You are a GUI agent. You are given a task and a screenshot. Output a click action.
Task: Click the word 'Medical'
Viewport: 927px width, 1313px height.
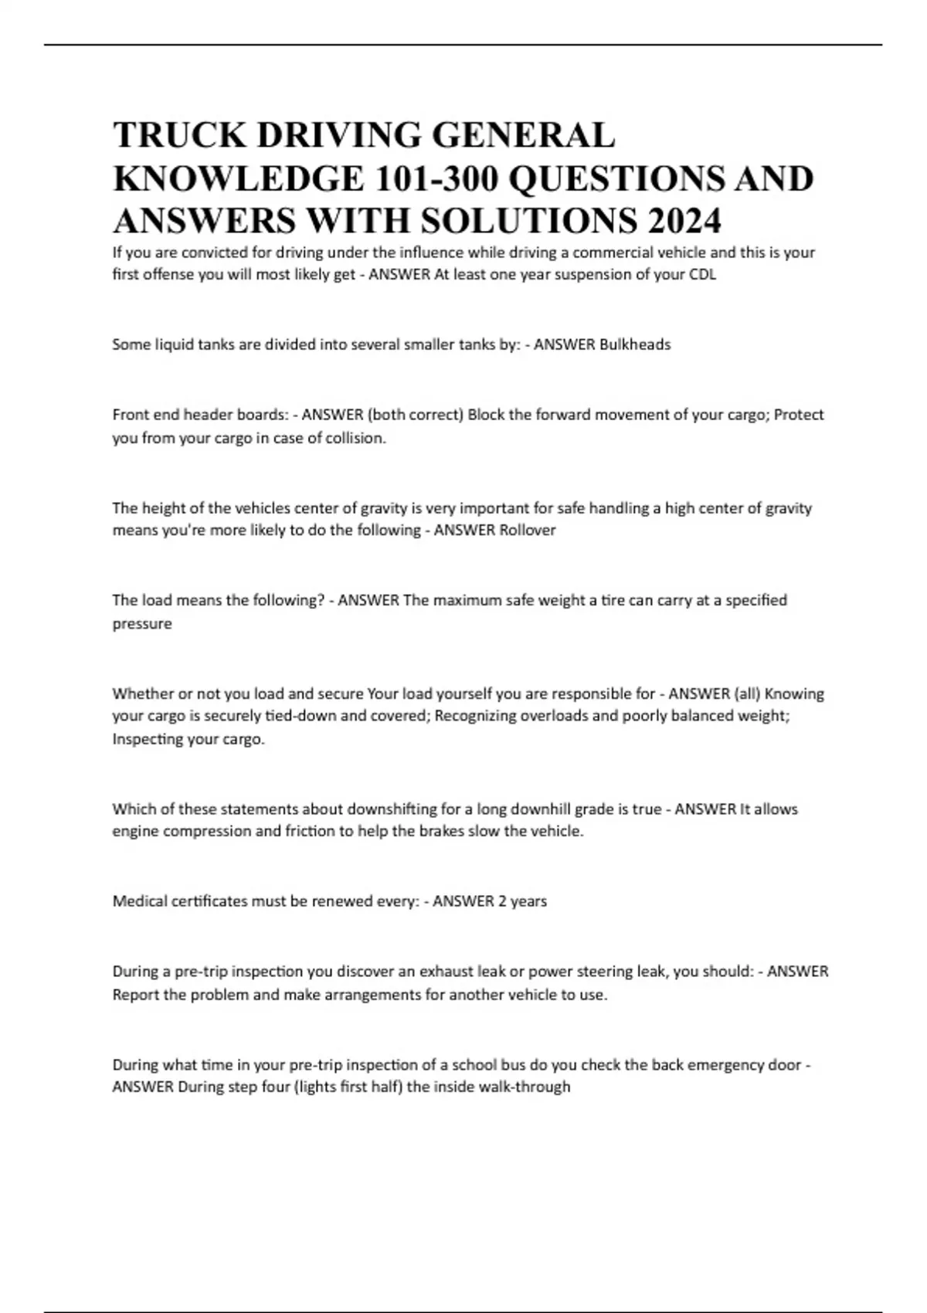tap(138, 901)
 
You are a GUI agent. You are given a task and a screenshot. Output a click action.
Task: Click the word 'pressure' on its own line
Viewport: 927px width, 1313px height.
tap(142, 623)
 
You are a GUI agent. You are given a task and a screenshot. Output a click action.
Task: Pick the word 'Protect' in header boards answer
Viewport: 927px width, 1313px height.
tap(799, 415)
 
